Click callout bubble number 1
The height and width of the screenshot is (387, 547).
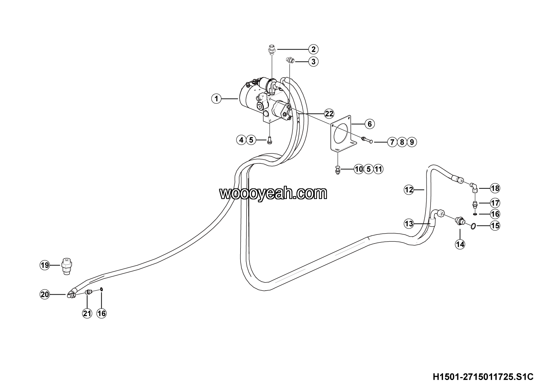(216, 99)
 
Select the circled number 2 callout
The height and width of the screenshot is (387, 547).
(313, 49)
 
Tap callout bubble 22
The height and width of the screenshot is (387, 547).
(329, 114)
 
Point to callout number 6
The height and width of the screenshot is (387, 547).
(370, 124)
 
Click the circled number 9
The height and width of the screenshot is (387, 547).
(412, 142)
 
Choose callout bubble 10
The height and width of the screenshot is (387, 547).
(359, 169)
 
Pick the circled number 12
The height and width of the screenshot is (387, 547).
(409, 190)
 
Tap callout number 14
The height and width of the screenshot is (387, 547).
(460, 244)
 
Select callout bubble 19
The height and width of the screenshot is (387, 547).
(45, 265)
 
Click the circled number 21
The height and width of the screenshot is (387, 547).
(87, 313)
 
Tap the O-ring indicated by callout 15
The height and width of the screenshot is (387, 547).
(473, 227)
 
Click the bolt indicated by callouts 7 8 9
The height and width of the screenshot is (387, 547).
(367, 139)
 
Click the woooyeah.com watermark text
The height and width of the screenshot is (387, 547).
(273, 193)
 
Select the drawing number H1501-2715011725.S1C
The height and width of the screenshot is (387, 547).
(483, 377)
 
